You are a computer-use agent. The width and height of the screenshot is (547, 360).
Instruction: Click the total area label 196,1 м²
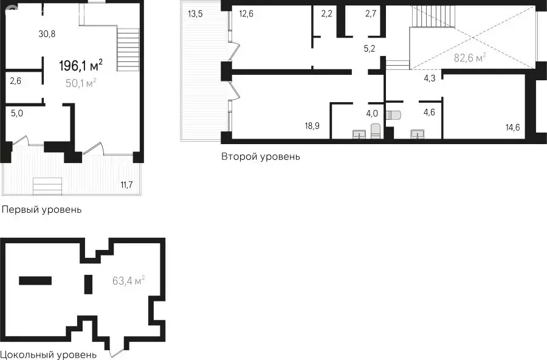click(x=81, y=65)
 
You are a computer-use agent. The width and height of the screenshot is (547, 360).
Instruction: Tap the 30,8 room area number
click(x=47, y=34)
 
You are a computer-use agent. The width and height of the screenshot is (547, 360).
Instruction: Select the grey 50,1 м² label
click(x=81, y=83)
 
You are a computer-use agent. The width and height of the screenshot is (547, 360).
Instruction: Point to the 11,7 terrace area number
click(x=126, y=184)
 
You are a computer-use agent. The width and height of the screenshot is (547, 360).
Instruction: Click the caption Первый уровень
click(x=42, y=210)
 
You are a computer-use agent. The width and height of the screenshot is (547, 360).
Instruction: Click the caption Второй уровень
click(x=261, y=156)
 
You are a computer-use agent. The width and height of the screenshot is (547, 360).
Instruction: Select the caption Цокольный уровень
click(x=49, y=355)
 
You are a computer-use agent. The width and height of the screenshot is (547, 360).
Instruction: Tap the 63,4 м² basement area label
click(x=129, y=281)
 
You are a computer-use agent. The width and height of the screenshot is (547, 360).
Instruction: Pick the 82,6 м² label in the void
click(x=470, y=58)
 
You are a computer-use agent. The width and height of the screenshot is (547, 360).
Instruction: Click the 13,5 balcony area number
click(x=195, y=15)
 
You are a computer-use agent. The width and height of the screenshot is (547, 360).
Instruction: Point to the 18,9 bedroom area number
click(x=312, y=126)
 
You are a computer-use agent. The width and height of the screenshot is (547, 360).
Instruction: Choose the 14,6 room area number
click(x=512, y=128)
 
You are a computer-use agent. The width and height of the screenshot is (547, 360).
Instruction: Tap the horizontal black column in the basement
click(x=35, y=281)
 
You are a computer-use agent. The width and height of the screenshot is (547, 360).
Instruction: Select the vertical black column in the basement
click(x=89, y=284)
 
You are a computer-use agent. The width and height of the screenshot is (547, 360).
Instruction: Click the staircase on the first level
click(x=128, y=50)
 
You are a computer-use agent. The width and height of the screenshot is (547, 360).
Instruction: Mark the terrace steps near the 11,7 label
click(x=47, y=187)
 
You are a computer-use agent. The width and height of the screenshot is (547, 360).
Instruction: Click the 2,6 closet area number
click(x=15, y=81)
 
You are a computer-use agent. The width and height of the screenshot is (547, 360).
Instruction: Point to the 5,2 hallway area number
click(x=370, y=49)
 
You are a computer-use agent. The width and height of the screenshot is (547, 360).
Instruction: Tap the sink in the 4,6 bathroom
click(x=417, y=134)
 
